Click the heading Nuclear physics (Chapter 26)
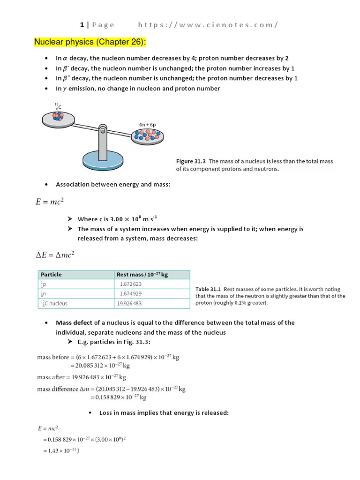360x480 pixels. click(90, 43)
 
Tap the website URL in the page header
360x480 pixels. click(208, 25)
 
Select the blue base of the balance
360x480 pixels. click(102, 160)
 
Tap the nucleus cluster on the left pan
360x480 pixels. click(57, 117)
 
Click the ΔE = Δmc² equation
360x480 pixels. click(55, 255)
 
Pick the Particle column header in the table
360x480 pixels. click(51, 275)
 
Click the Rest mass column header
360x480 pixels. click(142, 275)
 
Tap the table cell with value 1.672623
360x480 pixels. click(131, 284)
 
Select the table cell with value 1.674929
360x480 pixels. click(131, 293)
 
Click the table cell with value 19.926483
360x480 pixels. click(131, 303)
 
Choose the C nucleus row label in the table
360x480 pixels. click(54, 303)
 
